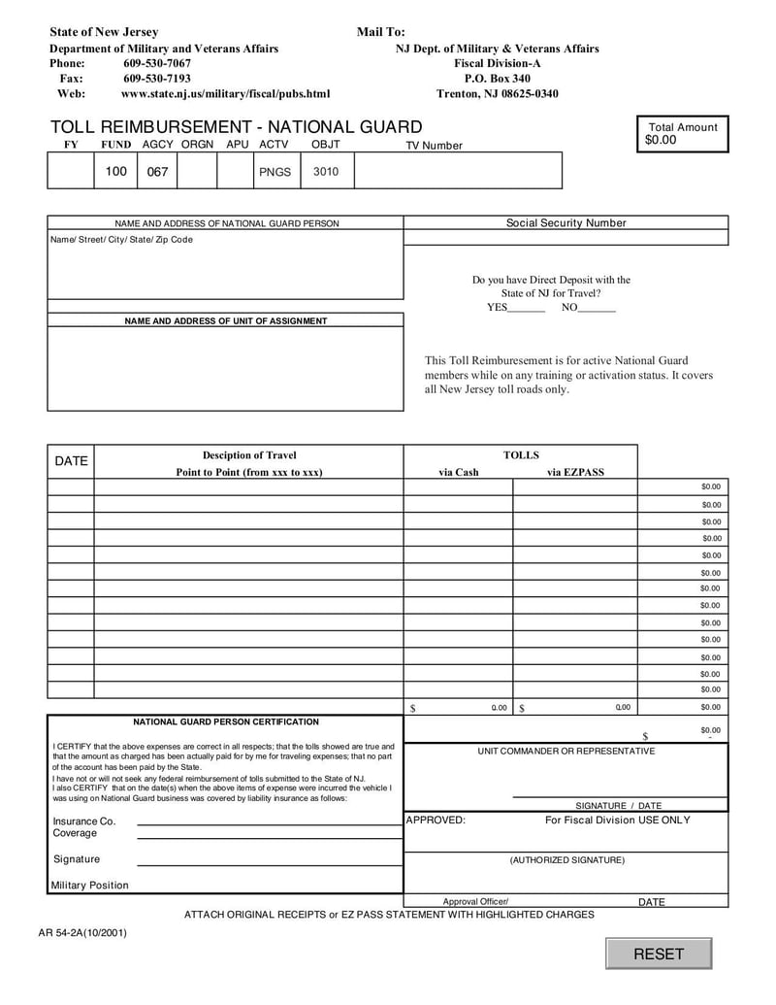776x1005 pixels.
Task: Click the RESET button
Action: [659, 954]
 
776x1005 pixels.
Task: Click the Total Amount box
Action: [683, 134]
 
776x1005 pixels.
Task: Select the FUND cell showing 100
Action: [116, 171]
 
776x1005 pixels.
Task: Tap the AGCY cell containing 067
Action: [157, 172]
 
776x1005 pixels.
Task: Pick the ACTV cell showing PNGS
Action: [275, 172]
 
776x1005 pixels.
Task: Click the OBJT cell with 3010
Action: [326, 172]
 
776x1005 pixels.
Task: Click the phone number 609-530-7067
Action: [157, 63]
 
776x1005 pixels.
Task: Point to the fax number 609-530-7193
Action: [157, 79]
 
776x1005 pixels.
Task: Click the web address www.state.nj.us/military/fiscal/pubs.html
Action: [225, 94]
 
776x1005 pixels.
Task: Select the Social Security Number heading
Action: [566, 223]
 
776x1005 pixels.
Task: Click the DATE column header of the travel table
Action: [71, 461]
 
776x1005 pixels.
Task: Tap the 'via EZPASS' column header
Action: [575, 473]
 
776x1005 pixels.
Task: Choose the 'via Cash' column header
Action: [459, 473]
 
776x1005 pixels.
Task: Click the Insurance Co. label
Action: [84, 821]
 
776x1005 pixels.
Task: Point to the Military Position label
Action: [90, 885]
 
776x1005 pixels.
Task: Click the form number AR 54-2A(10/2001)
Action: [82, 933]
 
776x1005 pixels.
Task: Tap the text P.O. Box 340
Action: [497, 79]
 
